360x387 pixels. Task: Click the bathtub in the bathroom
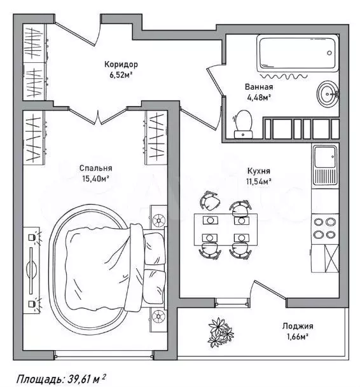point(297,53)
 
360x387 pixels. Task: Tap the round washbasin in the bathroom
point(328,94)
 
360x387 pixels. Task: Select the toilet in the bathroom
point(244,124)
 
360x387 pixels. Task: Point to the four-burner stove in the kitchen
point(325,228)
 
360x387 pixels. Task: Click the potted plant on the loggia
point(221,332)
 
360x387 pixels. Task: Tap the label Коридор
point(121,64)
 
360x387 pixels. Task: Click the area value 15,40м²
point(95,179)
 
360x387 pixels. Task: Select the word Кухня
point(259,171)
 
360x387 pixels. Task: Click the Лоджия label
point(298,326)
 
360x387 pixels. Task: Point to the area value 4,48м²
point(259,97)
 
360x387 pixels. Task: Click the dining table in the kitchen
point(226,229)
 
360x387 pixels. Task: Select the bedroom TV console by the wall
point(31,270)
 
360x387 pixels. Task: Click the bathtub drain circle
point(329,53)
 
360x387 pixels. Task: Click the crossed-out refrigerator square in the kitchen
point(331,259)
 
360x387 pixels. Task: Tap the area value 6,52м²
point(121,75)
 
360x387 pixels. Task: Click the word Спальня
point(96,168)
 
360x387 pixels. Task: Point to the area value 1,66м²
point(298,336)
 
